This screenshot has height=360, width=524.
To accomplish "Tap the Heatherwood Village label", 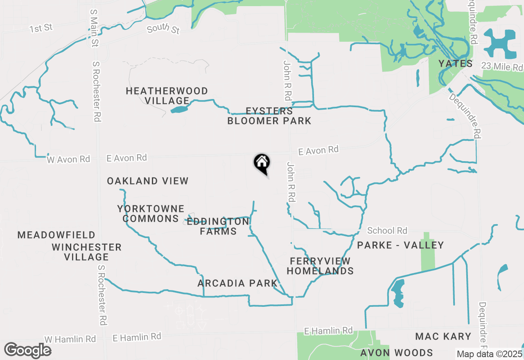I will (167, 96).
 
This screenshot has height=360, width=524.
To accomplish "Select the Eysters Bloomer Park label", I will (269, 116).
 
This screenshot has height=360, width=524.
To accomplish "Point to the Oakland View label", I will (148, 181).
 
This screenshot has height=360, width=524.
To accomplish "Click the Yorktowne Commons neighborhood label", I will (151, 214).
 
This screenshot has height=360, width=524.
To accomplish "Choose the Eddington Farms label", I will (218, 226).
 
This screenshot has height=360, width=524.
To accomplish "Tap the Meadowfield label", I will (56, 235).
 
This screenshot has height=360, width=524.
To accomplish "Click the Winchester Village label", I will (87, 252).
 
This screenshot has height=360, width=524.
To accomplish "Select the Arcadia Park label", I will (237, 283).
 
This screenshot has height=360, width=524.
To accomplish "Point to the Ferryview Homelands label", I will (320, 266).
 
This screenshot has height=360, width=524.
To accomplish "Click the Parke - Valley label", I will (400, 245).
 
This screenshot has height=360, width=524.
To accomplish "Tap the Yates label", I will (455, 63).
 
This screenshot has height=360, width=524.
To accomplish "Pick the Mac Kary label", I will (443, 336).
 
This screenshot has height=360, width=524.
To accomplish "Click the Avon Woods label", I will (397, 353).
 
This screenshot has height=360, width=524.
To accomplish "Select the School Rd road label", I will (387, 231).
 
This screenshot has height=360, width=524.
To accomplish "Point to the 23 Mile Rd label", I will (502, 66).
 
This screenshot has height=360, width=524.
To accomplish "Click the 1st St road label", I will (41, 28).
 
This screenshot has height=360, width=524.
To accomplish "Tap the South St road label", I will (163, 29).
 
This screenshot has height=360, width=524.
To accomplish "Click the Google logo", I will (27, 351).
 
